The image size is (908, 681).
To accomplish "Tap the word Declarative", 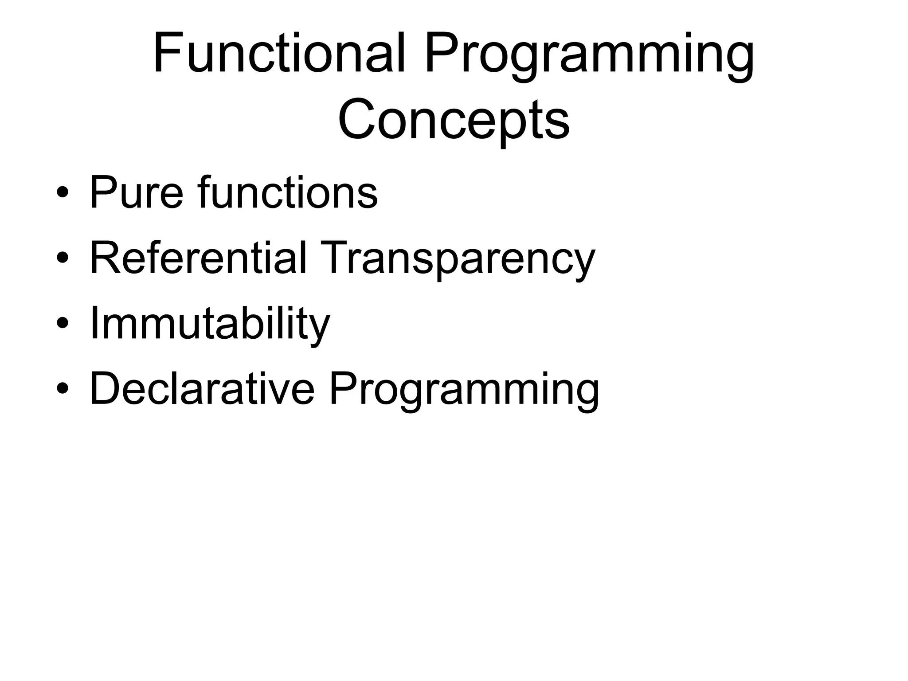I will coord(202,389).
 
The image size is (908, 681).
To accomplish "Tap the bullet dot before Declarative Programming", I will coord(63,389).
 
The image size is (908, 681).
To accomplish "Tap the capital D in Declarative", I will coord(107,388).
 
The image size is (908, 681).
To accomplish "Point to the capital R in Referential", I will coord(107,258).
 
